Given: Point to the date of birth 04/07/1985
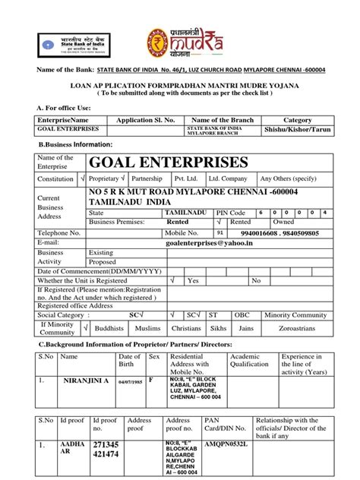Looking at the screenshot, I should (126, 380).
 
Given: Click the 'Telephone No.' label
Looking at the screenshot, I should (60, 234).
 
